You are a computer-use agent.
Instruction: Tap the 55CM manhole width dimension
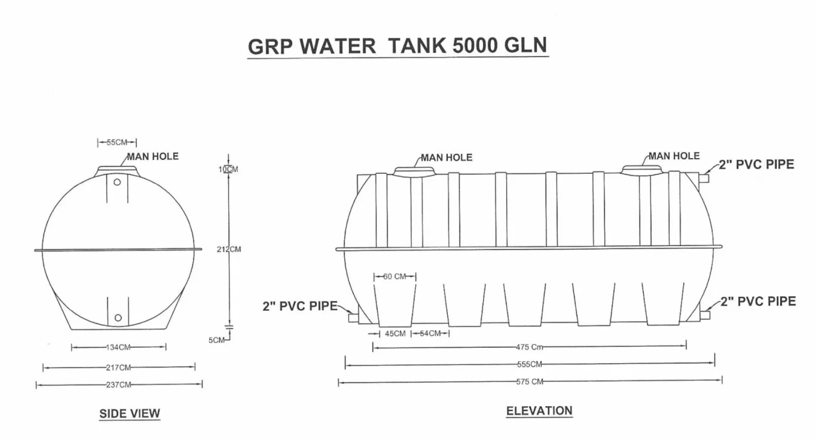(117, 142)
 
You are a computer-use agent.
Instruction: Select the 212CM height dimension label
(229, 249)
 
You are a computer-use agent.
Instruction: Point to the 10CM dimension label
(228, 169)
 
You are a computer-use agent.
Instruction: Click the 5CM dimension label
(216, 340)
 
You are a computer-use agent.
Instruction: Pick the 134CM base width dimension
(118, 348)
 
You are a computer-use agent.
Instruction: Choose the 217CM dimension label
(118, 368)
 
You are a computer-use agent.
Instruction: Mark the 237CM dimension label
(119, 384)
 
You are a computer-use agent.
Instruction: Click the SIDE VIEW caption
(130, 414)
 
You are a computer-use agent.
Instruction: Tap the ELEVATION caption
(539, 411)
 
